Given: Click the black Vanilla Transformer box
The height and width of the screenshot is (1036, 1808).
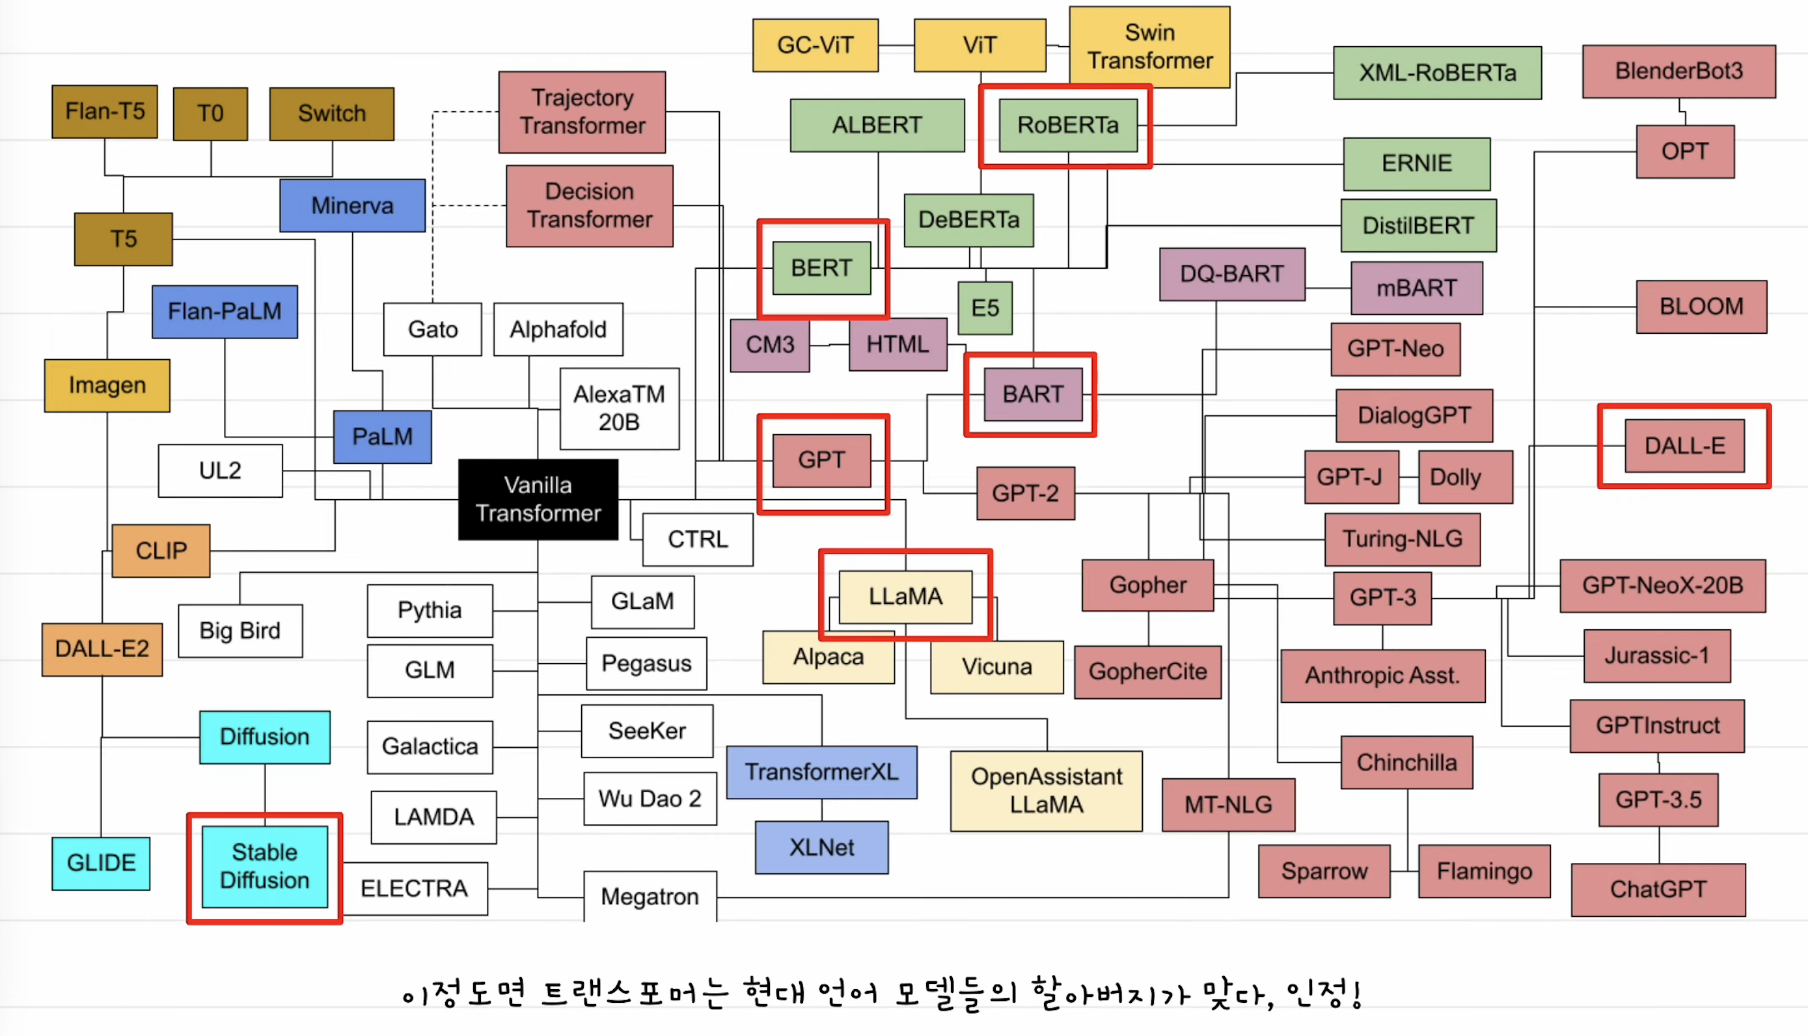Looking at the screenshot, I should click(x=538, y=498).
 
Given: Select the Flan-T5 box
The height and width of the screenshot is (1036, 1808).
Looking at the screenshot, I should click(x=105, y=112).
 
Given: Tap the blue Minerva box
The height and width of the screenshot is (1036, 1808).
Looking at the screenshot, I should click(x=352, y=206).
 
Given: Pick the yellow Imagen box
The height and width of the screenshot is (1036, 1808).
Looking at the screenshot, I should click(x=107, y=386).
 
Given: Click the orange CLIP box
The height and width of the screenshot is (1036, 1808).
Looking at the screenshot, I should click(x=161, y=551).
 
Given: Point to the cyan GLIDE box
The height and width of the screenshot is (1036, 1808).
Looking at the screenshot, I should click(x=101, y=863).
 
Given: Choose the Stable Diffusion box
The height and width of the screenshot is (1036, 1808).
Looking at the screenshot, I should click(x=265, y=866).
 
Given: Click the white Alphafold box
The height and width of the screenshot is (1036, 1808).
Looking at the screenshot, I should click(x=558, y=329).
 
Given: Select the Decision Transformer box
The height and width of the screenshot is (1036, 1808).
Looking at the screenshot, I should click(x=589, y=206).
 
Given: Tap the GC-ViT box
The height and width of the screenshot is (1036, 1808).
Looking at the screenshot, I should click(x=815, y=46).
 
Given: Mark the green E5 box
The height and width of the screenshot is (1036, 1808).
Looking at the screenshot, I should click(x=985, y=308).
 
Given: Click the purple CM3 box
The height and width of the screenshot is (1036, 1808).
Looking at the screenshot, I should click(x=769, y=345).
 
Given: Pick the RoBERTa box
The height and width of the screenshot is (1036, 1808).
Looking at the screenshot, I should click(x=1067, y=125).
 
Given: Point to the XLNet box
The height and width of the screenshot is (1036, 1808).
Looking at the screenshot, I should click(x=821, y=847).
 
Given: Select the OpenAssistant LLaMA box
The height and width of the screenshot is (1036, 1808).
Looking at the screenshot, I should click(x=1046, y=791).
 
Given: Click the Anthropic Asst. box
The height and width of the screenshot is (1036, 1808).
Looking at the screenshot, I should click(x=1382, y=675).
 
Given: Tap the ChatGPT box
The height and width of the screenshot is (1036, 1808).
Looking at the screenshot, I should click(x=1658, y=890).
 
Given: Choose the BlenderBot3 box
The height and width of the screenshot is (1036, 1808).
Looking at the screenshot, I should click(x=1678, y=71).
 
